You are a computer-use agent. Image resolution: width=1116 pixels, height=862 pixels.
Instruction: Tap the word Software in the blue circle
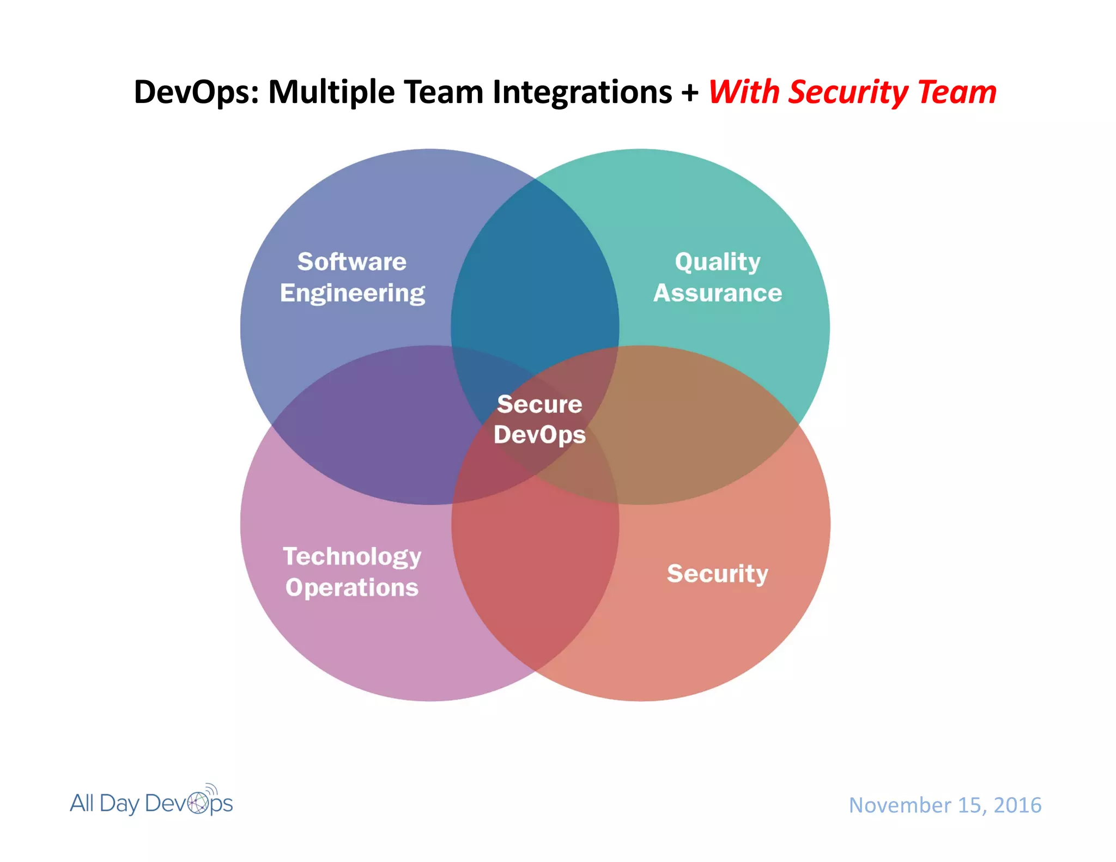pos(352,262)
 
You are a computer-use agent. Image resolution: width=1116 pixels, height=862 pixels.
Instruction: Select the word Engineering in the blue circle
pos(352,293)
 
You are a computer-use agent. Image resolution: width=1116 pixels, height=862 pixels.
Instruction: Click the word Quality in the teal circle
pos(718,262)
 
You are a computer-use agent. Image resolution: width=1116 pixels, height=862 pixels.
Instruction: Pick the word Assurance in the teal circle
pos(718,293)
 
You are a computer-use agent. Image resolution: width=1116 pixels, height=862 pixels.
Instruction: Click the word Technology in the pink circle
pos(352,557)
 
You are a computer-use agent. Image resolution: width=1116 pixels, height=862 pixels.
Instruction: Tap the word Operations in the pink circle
pos(352,587)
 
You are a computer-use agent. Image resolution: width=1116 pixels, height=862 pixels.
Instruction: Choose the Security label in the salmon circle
pos(718,573)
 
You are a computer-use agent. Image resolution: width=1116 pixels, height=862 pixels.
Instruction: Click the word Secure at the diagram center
pos(539,404)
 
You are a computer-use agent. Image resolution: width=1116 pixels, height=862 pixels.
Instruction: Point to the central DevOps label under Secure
pos(539,435)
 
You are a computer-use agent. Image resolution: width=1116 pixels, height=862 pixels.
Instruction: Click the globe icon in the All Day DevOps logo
pos(198,803)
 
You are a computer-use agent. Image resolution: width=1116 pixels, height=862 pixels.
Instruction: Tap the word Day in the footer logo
pos(119,804)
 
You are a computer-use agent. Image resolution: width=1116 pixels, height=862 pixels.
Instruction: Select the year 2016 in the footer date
pos(1017,805)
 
